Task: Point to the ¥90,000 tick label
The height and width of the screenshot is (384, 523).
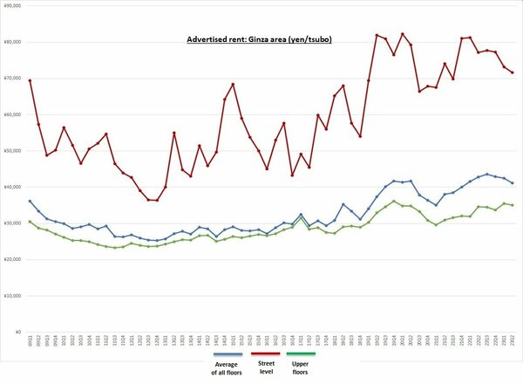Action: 12,5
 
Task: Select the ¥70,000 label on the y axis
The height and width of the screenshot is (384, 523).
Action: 12,79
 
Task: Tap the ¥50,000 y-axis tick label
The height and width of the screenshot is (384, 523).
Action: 12,151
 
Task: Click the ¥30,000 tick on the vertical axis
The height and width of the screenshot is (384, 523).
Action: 12,223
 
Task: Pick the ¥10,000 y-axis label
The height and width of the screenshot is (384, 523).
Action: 12,296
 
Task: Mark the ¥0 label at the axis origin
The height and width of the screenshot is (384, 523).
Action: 17,333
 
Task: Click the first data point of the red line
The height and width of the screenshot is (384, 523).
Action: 31,80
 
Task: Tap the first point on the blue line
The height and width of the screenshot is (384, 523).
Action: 31,202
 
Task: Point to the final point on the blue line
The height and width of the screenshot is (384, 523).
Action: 512,182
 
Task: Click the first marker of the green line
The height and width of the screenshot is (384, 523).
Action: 31,222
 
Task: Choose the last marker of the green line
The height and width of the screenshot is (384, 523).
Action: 512,205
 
